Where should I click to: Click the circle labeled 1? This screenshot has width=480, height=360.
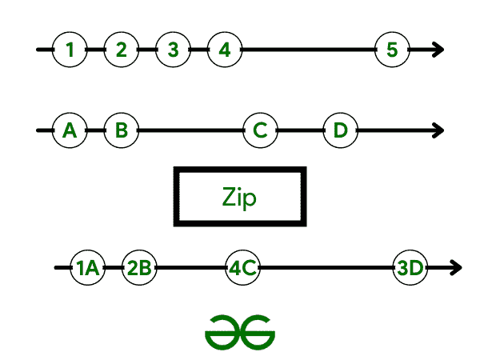(x=70, y=50)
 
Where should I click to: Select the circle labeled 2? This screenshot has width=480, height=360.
(x=122, y=50)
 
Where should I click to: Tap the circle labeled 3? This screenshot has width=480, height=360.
(x=173, y=50)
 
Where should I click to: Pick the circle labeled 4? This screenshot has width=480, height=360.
(x=225, y=50)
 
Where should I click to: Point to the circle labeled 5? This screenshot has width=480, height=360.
(x=392, y=50)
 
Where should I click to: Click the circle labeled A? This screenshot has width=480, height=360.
(x=70, y=130)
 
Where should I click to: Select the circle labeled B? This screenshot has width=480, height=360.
(x=122, y=130)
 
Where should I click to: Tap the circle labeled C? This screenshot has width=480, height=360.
(x=260, y=130)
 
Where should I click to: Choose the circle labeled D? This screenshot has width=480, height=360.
(x=341, y=130)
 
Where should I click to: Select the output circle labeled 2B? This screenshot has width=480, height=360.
(x=140, y=268)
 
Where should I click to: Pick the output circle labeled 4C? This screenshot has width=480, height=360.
(x=242, y=268)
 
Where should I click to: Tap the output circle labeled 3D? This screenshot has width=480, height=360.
(x=411, y=268)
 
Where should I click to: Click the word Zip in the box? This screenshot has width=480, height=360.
(x=239, y=197)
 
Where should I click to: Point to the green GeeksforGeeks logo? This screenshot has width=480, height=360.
(x=239, y=329)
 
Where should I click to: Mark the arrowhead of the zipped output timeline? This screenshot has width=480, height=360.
(x=456, y=268)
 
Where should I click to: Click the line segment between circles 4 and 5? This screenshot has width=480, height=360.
(x=308, y=50)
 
